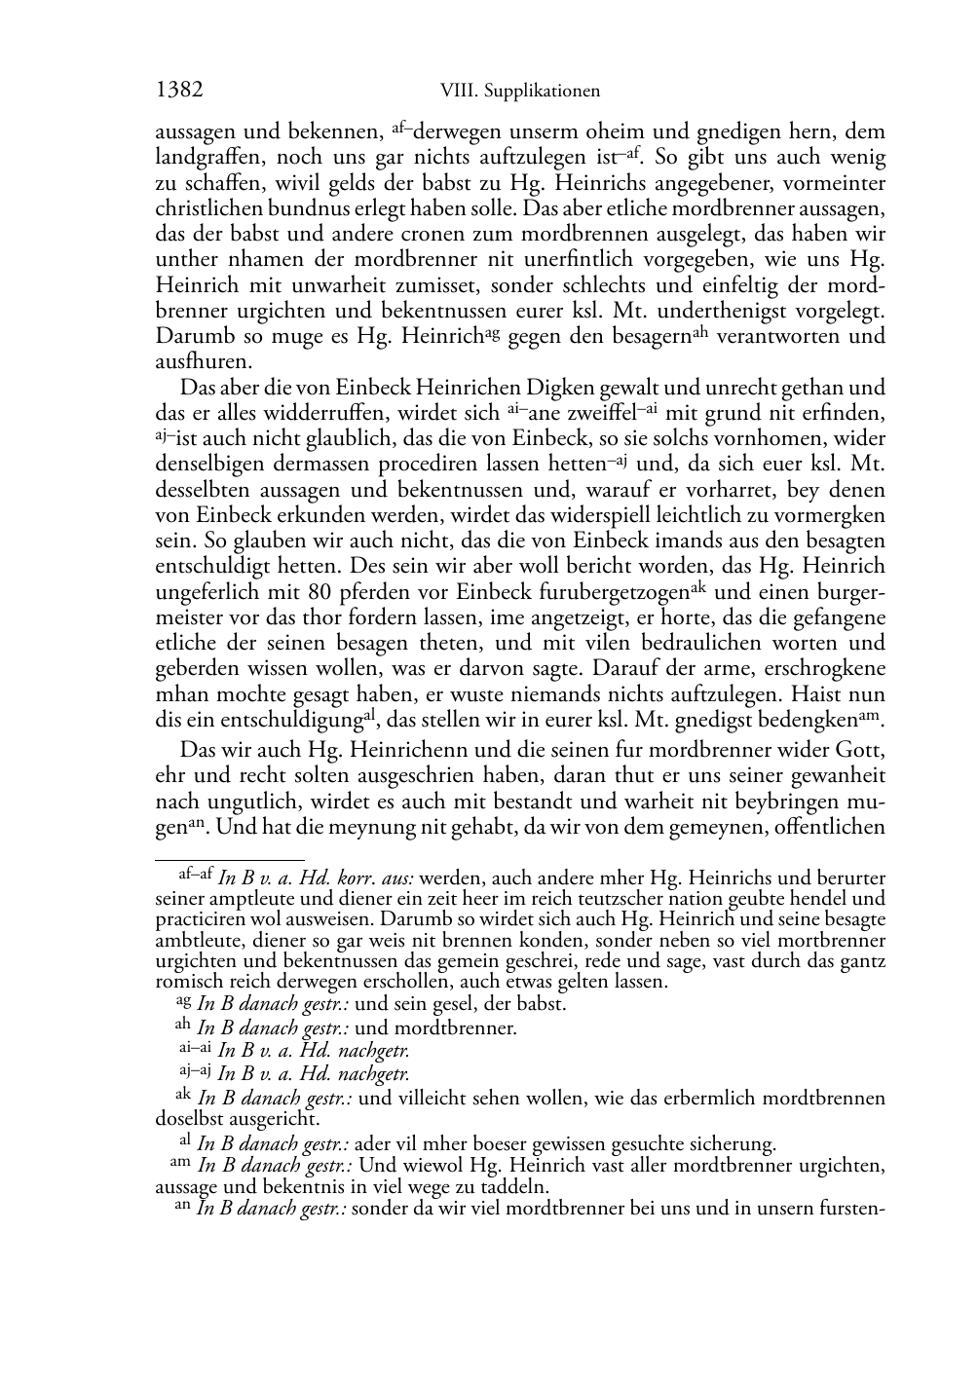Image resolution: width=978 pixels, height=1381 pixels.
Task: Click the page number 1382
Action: click(x=179, y=91)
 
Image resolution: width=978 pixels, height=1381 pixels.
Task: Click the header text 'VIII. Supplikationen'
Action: click(x=519, y=92)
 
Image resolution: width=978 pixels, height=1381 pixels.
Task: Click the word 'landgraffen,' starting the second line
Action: click(x=206, y=157)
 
